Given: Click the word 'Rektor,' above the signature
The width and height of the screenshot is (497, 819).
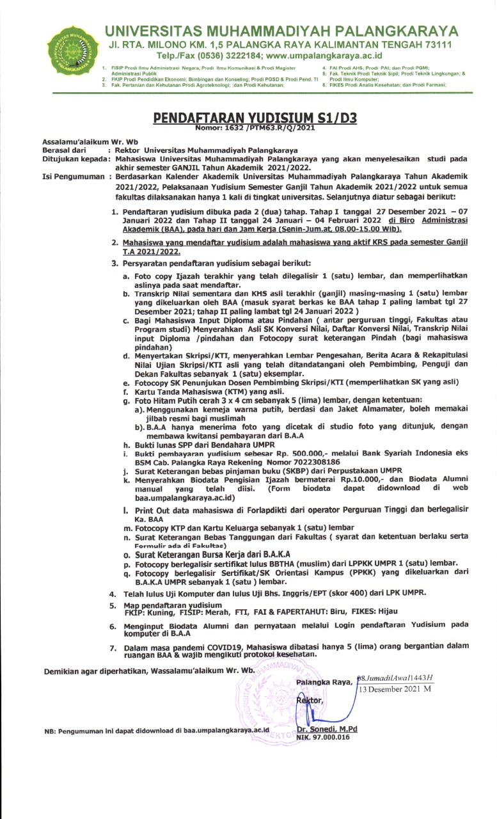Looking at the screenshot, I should [310, 701].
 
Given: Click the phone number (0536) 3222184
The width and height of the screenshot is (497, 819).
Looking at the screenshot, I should [215, 56].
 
